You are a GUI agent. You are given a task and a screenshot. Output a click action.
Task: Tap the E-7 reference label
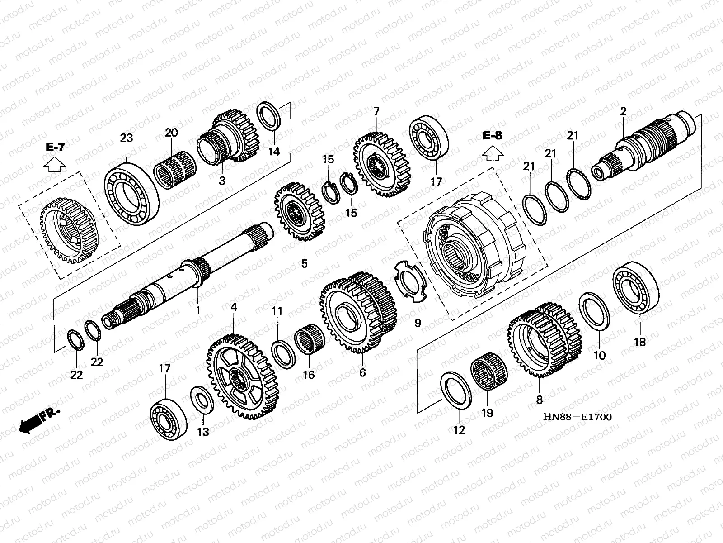click(x=55, y=147)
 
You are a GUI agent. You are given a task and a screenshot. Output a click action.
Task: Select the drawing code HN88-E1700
click(x=578, y=416)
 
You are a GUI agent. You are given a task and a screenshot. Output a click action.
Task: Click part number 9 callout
click(x=418, y=323)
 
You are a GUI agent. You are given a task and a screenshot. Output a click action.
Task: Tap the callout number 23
click(x=127, y=138)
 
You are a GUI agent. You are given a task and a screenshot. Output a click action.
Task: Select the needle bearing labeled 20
click(x=175, y=170)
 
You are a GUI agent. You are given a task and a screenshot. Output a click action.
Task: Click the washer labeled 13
click(x=202, y=400)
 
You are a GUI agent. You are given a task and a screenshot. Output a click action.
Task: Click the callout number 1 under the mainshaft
click(x=197, y=310)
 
